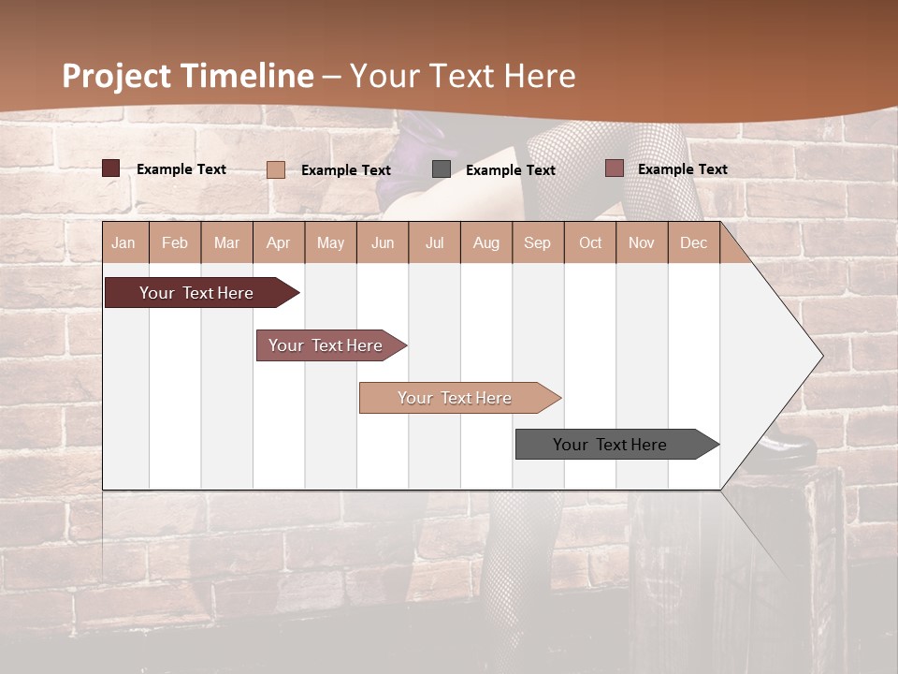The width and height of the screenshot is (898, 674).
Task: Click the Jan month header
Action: point(123,242)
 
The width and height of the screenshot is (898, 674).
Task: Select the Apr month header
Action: point(278,242)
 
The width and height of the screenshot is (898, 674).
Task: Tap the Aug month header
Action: point(485,242)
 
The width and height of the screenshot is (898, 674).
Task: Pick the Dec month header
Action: point(693,242)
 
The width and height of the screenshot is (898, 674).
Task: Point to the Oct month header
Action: point(590,242)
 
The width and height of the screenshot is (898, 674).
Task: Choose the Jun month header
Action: point(383,242)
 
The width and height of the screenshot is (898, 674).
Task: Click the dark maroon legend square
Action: point(111,168)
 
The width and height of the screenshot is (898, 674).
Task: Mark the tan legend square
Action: point(276,169)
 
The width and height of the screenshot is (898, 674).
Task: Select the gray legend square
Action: point(442,169)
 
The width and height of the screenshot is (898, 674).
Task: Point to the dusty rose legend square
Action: point(614,168)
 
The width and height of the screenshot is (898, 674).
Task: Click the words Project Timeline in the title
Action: point(187,76)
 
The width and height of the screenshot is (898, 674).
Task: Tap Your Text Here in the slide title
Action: point(462,76)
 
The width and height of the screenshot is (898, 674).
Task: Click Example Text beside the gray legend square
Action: point(510,170)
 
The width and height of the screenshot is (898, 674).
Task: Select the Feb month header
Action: point(175,242)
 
